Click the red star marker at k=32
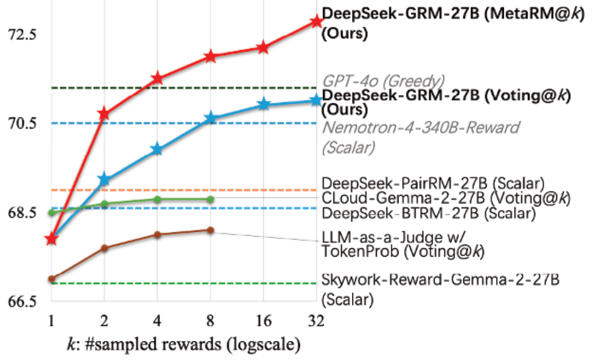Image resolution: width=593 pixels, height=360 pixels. [x=316, y=21]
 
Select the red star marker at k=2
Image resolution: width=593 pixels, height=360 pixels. [x=104, y=114]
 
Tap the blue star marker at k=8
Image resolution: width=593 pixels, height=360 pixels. [x=210, y=118]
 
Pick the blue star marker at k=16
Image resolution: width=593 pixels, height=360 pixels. [x=263, y=105]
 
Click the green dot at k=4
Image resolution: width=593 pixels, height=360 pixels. [x=157, y=199]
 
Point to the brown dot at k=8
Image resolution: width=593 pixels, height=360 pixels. [x=210, y=230]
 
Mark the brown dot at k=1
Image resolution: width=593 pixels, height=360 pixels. [x=51, y=279]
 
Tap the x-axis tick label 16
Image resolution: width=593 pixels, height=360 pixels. [x=263, y=322]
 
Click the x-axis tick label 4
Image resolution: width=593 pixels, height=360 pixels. [x=157, y=322]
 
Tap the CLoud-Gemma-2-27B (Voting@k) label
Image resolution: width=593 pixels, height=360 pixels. [x=445, y=198]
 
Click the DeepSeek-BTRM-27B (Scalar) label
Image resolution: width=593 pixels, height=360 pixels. [x=428, y=212]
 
